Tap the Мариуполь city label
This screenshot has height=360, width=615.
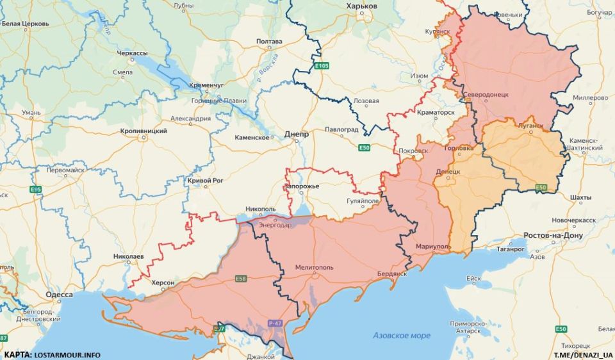click(433, 247)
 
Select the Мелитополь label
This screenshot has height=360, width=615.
click(314, 266)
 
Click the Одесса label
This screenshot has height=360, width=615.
click(59, 295)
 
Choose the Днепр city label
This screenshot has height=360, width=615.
click(296, 135)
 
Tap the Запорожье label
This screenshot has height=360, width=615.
click(301, 186)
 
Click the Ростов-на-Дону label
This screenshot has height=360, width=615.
click(553, 235)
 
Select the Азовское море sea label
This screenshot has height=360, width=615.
click(402, 335)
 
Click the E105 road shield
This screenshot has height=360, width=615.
click(322, 65)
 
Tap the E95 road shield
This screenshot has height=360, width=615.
click(36, 189)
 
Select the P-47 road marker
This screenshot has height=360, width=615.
click(275, 323)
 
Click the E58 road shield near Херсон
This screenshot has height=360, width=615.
click(240, 279)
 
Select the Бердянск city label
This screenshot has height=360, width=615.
click(392, 274)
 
